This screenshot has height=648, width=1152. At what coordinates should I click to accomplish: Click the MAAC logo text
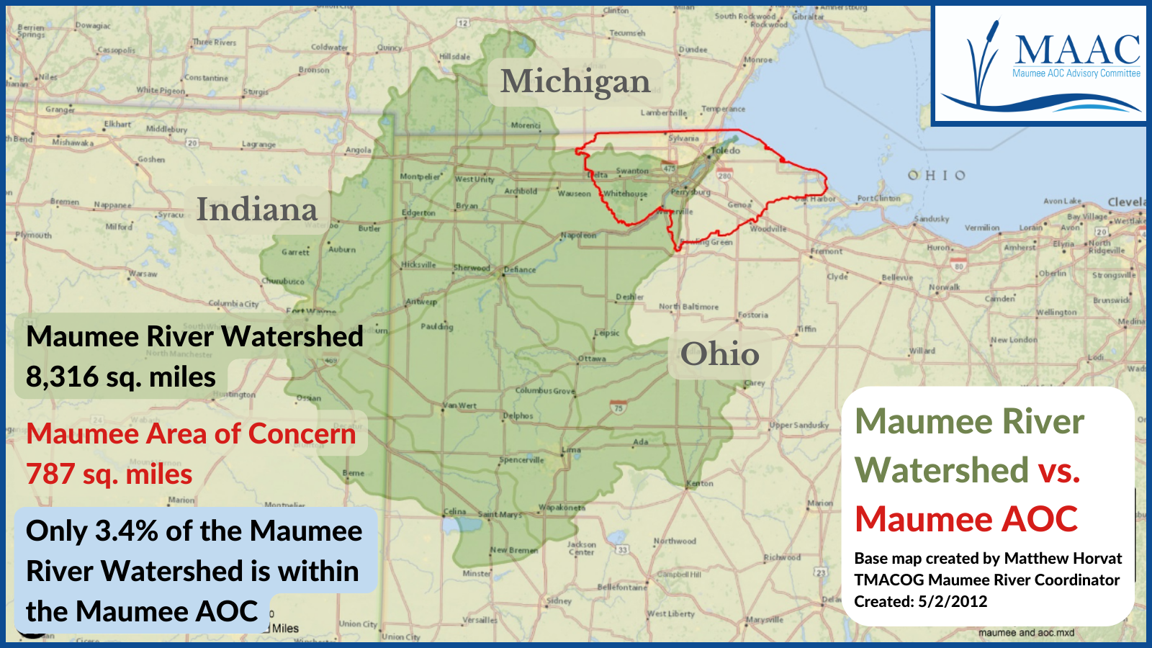point(1078,50)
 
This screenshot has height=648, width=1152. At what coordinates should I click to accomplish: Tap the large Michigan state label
point(575,81)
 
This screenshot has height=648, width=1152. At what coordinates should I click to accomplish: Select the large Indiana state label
point(257,209)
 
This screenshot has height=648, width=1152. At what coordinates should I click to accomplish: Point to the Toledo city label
point(726,150)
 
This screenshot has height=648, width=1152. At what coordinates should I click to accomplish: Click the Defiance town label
point(520,270)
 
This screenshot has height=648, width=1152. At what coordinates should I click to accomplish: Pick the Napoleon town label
point(579,235)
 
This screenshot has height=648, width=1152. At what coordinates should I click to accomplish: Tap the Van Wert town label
point(460,405)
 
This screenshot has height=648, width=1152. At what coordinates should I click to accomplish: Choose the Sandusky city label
point(932,219)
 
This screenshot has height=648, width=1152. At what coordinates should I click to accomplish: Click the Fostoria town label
point(753,315)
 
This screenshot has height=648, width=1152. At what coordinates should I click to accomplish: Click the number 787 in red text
point(50,474)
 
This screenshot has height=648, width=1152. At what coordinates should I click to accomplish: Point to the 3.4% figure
point(127,531)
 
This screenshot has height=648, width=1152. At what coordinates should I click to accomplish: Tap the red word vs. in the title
point(1059,470)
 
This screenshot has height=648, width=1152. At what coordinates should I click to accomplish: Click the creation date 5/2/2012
point(953,601)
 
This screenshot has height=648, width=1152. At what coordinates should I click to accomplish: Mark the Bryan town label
point(467,206)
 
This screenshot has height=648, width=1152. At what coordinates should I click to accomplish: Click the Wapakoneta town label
point(562,508)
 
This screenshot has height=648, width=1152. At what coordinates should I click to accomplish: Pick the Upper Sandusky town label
point(799,425)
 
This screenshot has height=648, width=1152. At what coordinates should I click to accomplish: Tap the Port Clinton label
point(878,198)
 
